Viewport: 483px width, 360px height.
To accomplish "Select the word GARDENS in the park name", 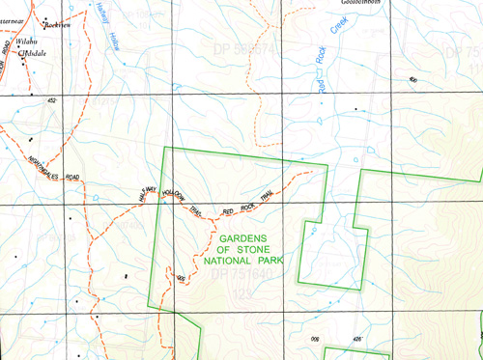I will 247,237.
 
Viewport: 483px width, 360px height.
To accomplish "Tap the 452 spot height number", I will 51,101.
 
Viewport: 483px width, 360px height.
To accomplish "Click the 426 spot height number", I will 355,339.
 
